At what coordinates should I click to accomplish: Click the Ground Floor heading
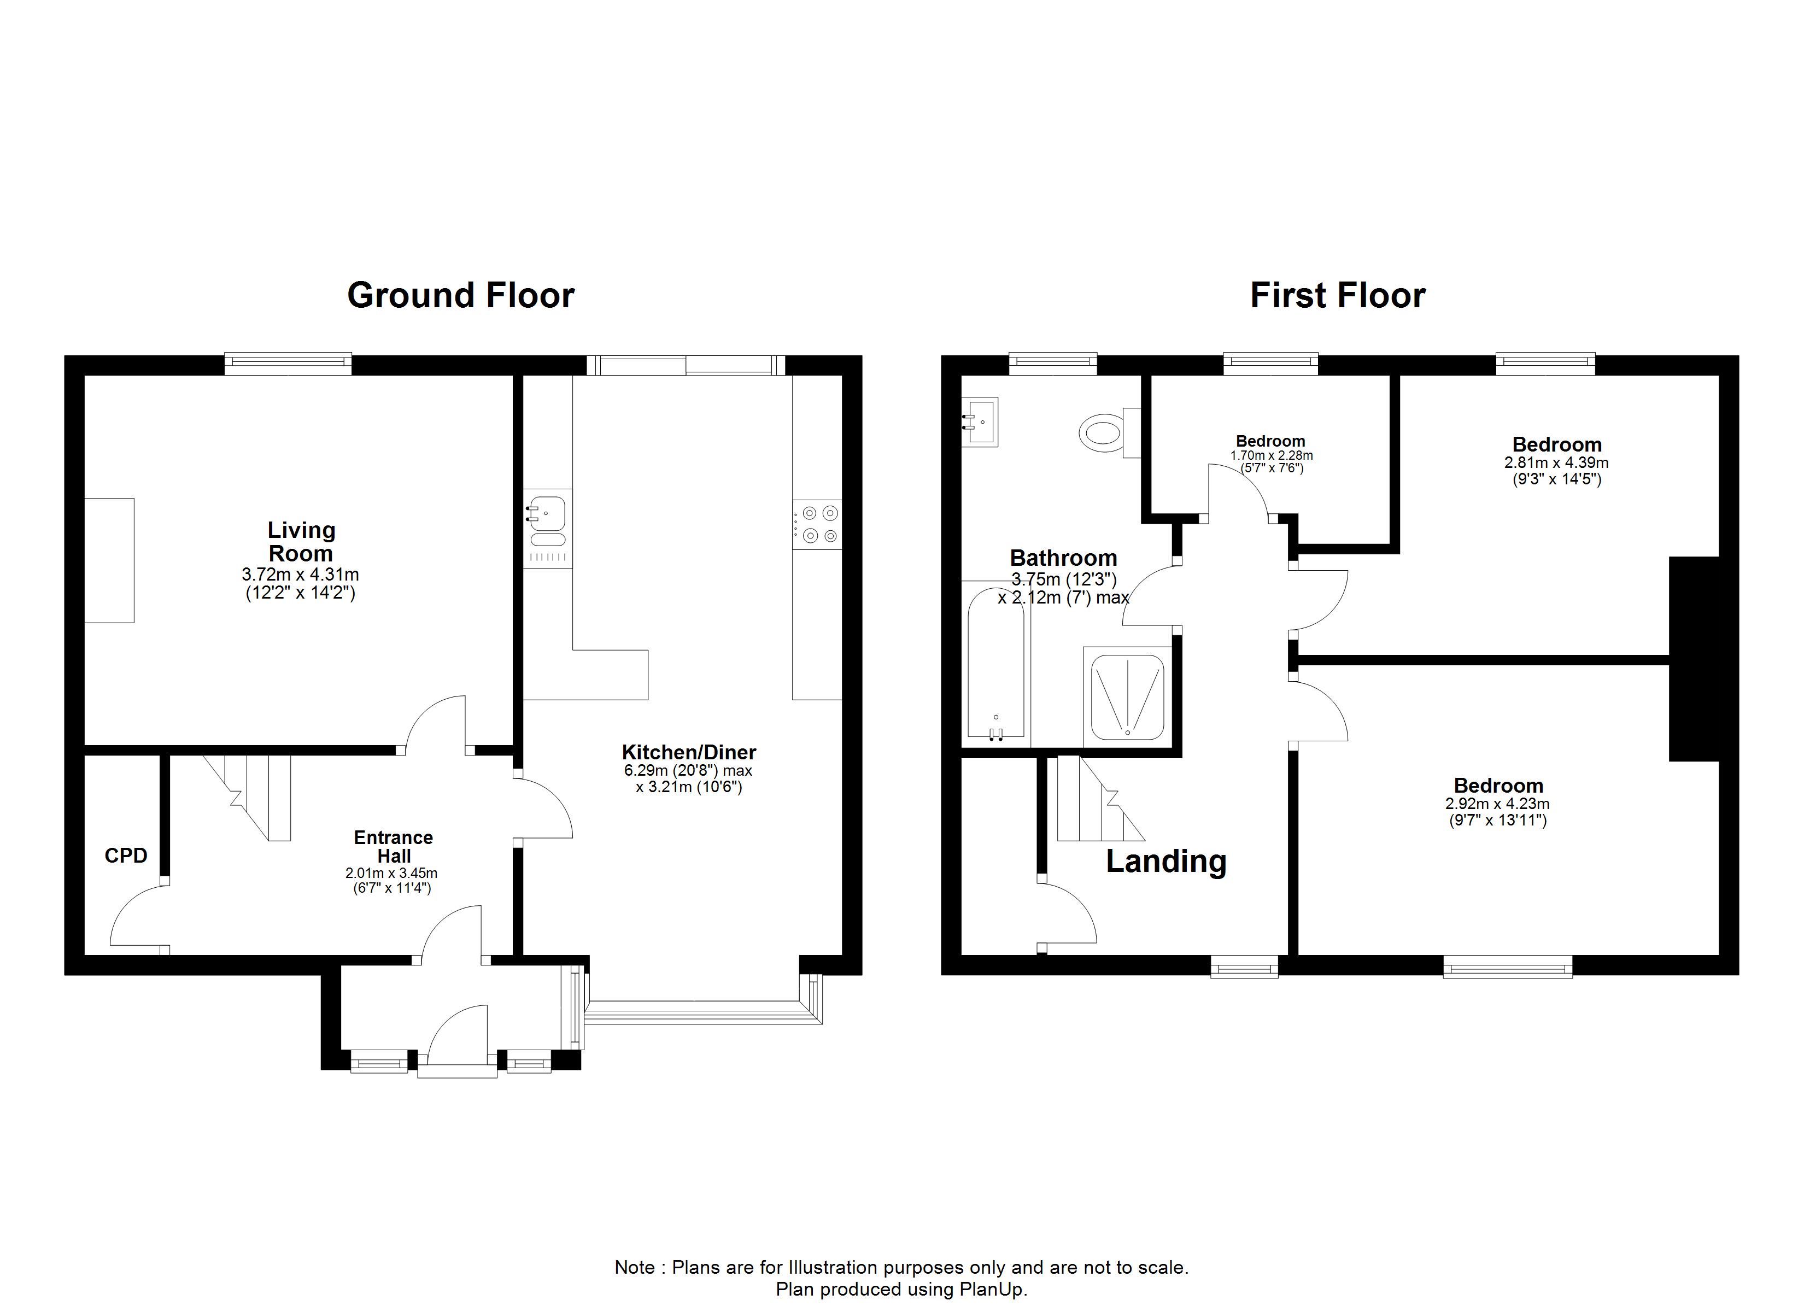[460, 295]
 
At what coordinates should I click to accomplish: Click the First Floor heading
[1338, 295]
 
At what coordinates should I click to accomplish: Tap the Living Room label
[301, 541]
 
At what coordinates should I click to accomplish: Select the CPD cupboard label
[126, 856]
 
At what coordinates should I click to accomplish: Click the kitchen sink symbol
[547, 528]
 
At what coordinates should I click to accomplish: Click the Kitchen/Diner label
[689, 752]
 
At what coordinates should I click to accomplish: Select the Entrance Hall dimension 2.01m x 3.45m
[391, 873]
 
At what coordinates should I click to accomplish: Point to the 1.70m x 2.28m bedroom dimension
[1271, 456]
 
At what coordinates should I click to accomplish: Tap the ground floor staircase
[248, 797]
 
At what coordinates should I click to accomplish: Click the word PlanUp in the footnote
[992, 1289]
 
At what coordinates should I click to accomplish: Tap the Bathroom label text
[1063, 558]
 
